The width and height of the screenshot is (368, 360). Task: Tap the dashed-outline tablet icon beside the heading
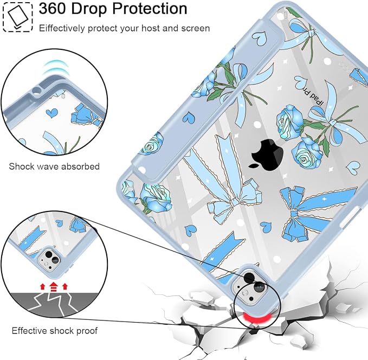17,17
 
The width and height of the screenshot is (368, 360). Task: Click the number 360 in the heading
53,9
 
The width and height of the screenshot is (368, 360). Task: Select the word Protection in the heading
150,9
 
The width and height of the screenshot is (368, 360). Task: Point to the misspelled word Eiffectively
62,28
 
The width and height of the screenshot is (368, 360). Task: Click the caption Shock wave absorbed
54,166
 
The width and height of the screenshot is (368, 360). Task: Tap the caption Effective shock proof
54,331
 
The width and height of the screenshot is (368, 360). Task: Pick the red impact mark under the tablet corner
257,318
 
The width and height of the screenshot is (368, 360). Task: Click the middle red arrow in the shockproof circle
54,287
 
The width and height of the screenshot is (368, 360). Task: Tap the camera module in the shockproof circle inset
50,259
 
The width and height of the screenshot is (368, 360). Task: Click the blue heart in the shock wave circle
51,113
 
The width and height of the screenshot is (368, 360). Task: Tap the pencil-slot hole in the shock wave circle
37,90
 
